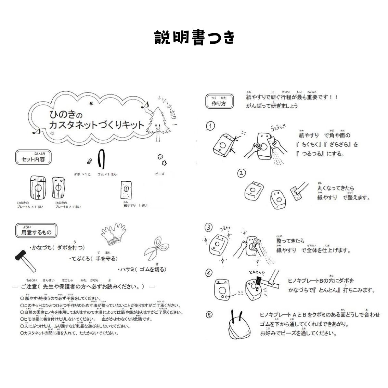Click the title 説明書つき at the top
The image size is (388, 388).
(194, 38)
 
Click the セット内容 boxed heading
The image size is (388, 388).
(33, 159)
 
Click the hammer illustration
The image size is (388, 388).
(24, 258)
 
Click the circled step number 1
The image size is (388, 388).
(210, 126)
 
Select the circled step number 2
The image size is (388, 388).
(242, 173)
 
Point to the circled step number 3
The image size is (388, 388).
(208, 227)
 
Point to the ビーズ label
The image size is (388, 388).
(160, 174)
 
